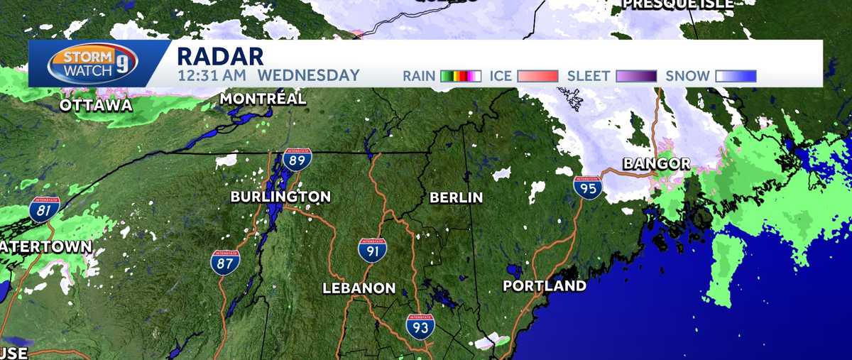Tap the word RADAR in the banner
[x=220, y=56]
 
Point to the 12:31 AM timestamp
[x=212, y=75]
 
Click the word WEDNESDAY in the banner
[x=309, y=75]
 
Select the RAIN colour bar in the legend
[x=461, y=76]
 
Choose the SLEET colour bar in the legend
[x=636, y=76]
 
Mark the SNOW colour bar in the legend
[x=736, y=76]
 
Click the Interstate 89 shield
[x=295, y=160]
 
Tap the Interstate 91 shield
[x=372, y=250]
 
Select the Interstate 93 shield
[x=420, y=326]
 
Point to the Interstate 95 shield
[x=588, y=187]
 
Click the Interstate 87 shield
[x=224, y=262]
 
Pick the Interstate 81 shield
[x=44, y=211]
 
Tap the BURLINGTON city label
[x=280, y=197]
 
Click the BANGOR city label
[x=656, y=164]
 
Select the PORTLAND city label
[x=545, y=286]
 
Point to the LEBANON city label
[x=359, y=288]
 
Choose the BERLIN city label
[x=456, y=197]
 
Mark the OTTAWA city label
[x=96, y=105]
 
